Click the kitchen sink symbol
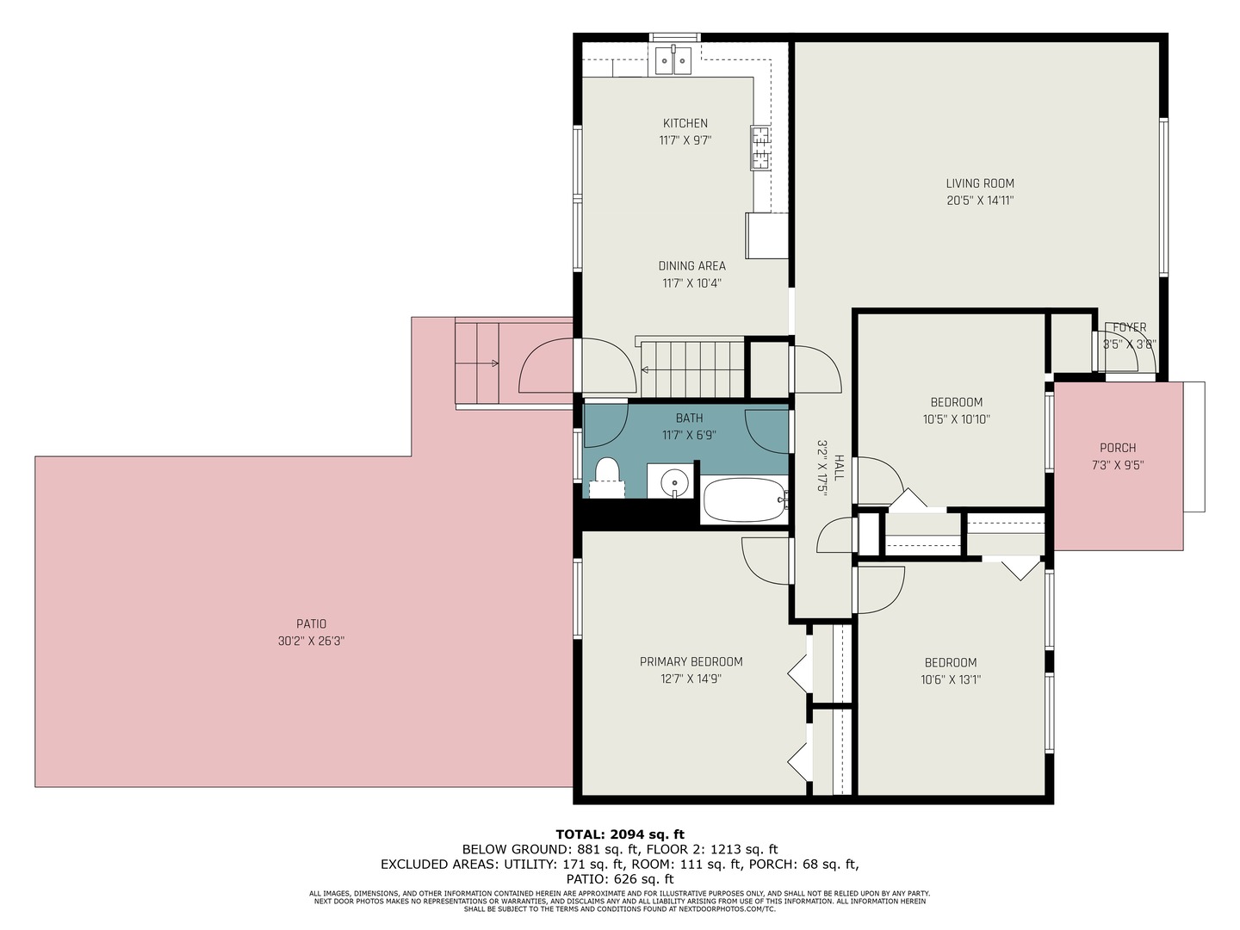tap(673, 60)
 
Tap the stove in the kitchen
tap(760, 147)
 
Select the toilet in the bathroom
tap(607, 476)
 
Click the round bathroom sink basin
tap(675, 483)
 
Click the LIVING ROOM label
tap(980, 183)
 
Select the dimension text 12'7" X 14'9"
tap(691, 679)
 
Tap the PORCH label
tap(1118, 448)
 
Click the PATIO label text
tap(311, 623)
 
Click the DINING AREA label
tap(691, 266)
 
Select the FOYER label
tap(1129, 327)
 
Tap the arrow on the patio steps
tap(493, 363)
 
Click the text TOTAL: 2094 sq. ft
tap(620, 834)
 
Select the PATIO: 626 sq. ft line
tap(620, 879)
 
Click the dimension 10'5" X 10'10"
tap(956, 419)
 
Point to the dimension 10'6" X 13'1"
tap(951, 679)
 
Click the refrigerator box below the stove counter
tap(766, 235)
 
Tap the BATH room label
tap(689, 418)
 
